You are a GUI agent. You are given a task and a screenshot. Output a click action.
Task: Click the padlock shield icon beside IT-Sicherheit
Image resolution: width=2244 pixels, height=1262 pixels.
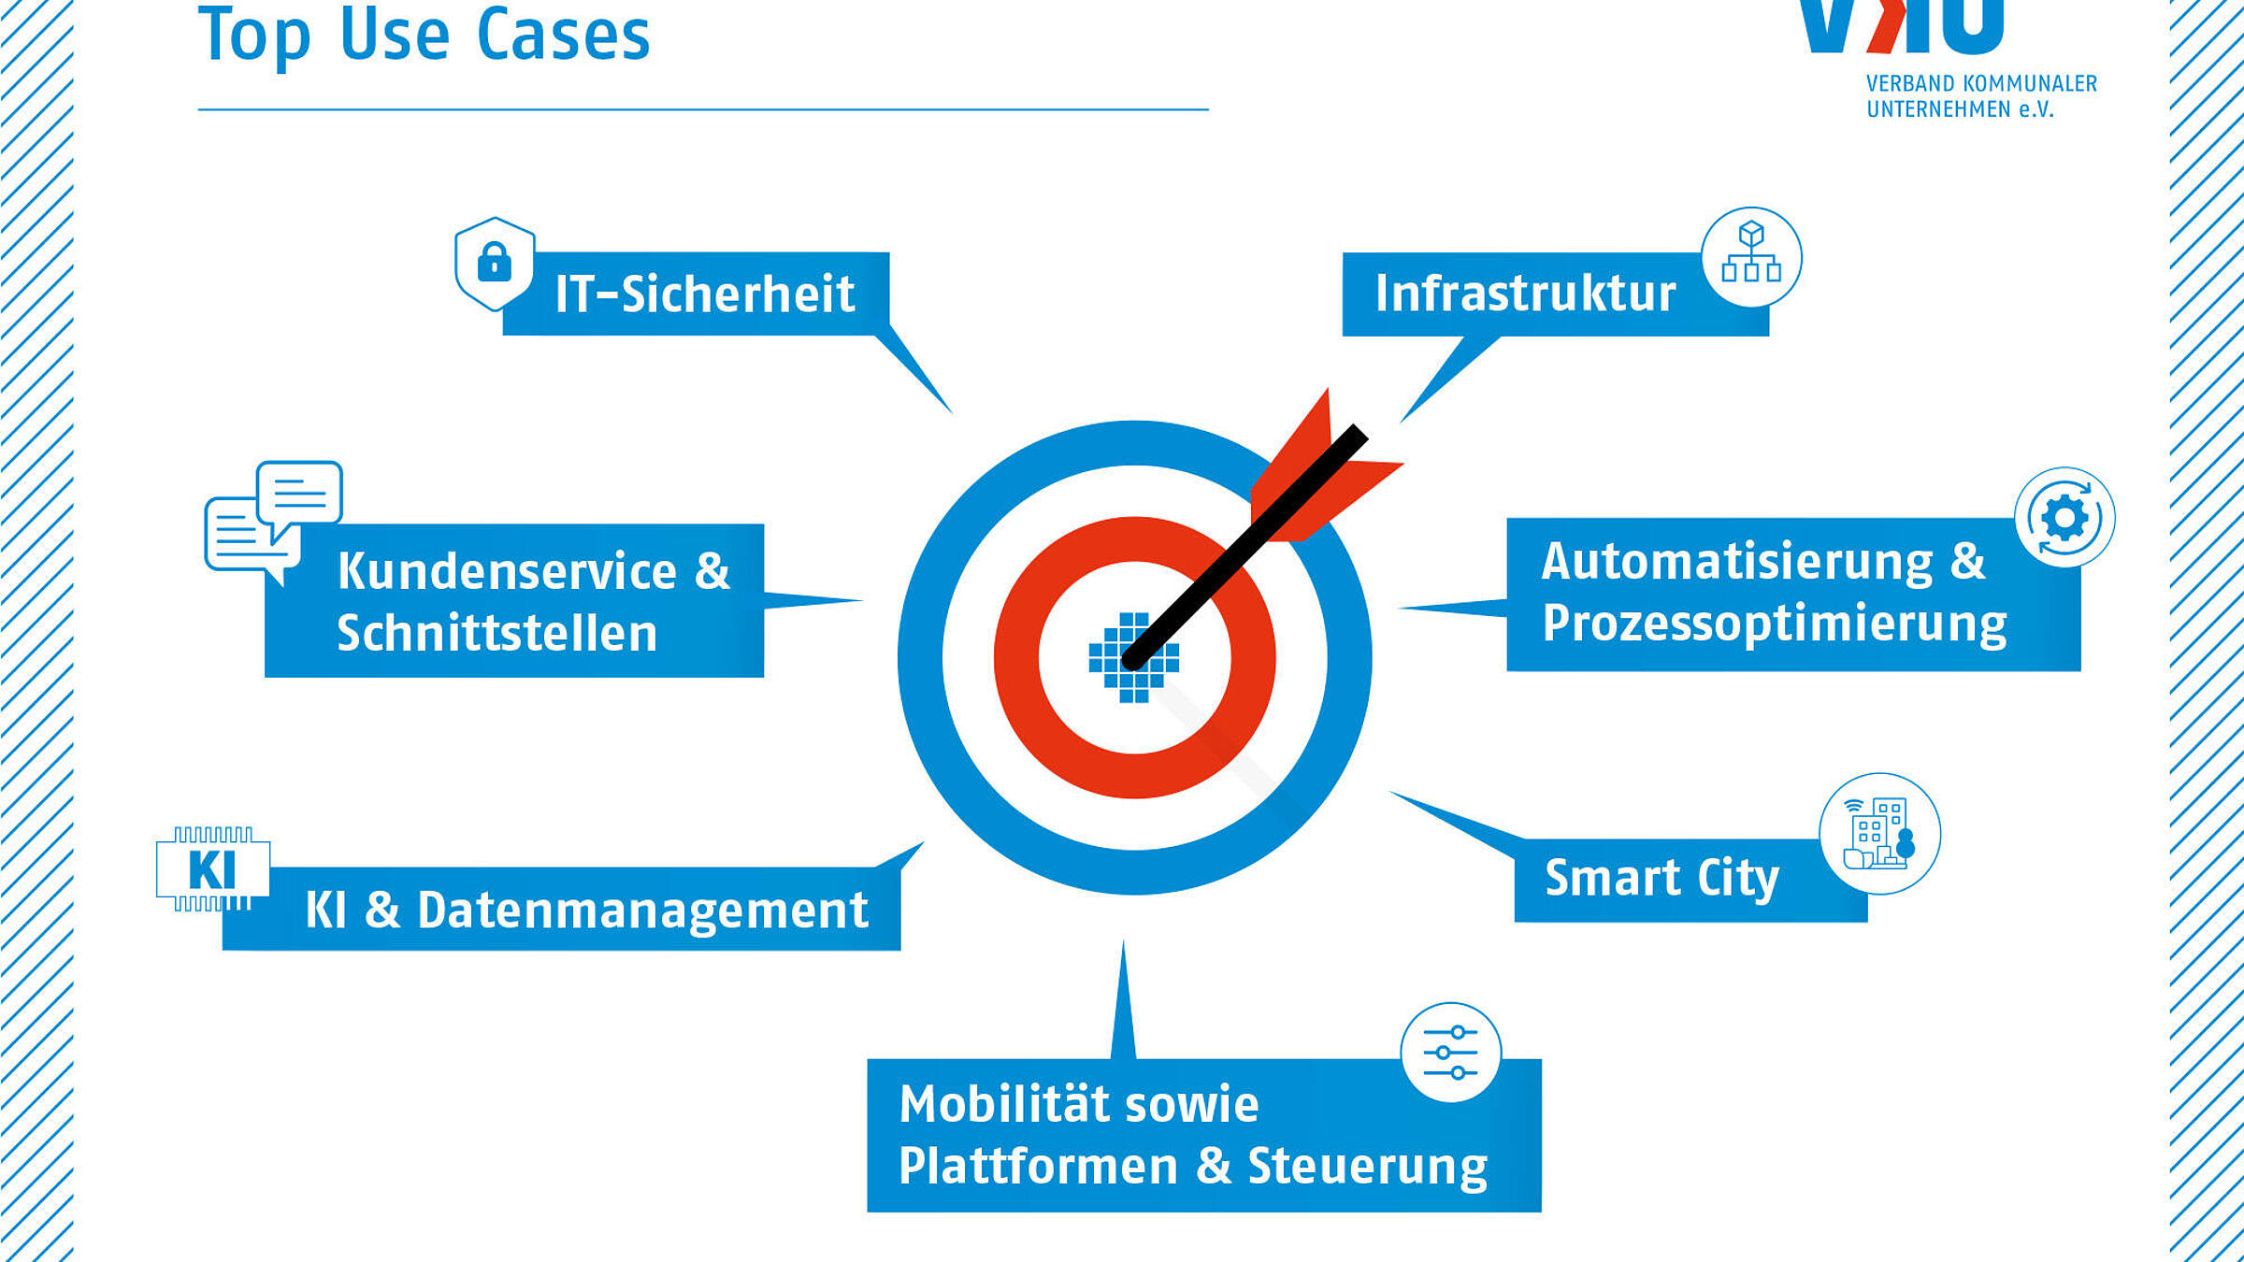pyautogui.click(x=495, y=264)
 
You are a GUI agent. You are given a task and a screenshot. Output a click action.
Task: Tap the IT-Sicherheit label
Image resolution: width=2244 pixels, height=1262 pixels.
pyautogui.click(x=705, y=294)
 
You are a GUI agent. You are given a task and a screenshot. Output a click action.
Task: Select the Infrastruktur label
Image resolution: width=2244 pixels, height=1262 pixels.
pyautogui.click(x=1525, y=294)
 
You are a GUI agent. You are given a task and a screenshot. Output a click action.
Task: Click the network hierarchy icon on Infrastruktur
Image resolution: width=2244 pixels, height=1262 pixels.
pyautogui.click(x=1751, y=257)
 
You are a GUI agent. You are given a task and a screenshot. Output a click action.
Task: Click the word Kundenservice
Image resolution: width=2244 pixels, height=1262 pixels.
pyautogui.click(x=507, y=570)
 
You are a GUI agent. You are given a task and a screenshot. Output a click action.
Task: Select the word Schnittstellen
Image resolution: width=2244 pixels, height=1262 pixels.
pyautogui.click(x=497, y=633)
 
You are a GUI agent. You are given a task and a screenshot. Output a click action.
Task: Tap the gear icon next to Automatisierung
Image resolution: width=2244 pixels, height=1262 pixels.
pyautogui.click(x=2064, y=517)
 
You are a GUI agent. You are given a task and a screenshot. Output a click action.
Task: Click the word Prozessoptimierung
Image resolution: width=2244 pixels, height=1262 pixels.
pyautogui.click(x=1775, y=624)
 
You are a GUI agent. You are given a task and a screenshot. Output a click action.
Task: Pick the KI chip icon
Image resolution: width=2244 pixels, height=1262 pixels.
pyautogui.click(x=213, y=869)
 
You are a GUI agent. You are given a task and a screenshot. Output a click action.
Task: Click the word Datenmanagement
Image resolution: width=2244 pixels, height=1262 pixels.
pyautogui.click(x=643, y=910)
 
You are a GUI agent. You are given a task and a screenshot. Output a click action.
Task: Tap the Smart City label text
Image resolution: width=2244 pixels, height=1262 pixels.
pyautogui.click(x=1661, y=879)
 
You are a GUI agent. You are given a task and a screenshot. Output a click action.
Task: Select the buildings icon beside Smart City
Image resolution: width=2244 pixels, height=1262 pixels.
pyautogui.click(x=1879, y=834)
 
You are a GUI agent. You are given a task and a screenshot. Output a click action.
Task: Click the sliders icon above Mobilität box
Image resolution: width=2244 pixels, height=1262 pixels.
pyautogui.click(x=1450, y=1053)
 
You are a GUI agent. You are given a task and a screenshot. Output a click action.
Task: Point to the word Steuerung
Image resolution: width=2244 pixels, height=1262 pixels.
pyautogui.click(x=1368, y=1167)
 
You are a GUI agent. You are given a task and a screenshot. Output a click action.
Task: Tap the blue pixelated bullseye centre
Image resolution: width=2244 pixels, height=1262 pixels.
pyautogui.click(x=1133, y=657)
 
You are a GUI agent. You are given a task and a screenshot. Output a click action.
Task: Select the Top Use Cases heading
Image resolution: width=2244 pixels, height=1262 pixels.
pyautogui.click(x=424, y=36)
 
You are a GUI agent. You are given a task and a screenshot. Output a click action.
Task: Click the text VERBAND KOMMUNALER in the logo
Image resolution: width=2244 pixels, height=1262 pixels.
pyautogui.click(x=1981, y=83)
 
